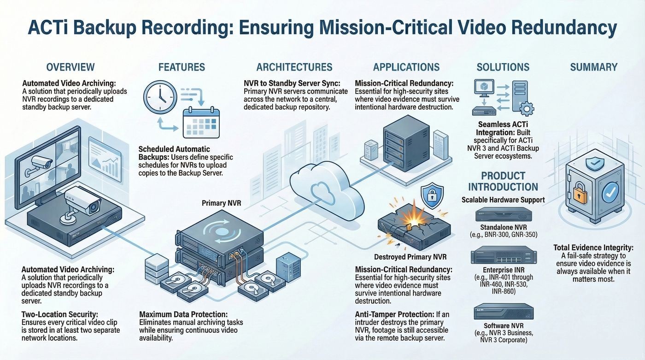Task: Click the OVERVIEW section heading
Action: (x=70, y=67)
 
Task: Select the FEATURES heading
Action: (x=182, y=67)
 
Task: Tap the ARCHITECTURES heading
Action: (x=294, y=67)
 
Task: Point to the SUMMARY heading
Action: (x=594, y=67)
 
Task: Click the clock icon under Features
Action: (x=160, y=97)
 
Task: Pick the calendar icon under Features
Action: (x=201, y=123)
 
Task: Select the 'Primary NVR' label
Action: (x=222, y=203)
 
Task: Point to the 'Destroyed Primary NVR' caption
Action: (x=410, y=257)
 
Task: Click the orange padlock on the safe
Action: (x=580, y=193)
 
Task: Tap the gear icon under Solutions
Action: (x=527, y=109)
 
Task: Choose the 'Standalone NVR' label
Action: (x=503, y=227)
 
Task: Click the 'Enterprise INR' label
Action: (x=504, y=270)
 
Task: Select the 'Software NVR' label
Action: (x=504, y=326)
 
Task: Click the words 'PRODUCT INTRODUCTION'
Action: (x=503, y=181)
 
